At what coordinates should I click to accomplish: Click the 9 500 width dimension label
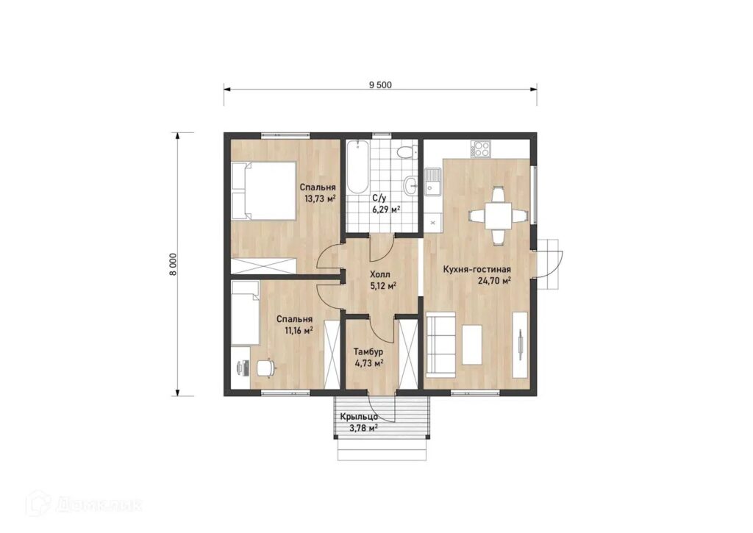point(380,85)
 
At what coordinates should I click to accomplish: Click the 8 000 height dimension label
point(173,264)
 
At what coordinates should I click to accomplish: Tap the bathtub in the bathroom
point(358,167)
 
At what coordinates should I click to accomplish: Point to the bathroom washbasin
point(410,185)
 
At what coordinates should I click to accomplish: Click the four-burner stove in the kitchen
point(481,149)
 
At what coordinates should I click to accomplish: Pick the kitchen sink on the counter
point(435,181)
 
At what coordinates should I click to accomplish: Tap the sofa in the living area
point(441,343)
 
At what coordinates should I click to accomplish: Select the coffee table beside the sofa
point(471,345)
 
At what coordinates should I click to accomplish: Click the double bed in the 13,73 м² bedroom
point(263,190)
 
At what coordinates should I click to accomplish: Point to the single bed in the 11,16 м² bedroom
point(246,313)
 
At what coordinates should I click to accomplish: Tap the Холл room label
point(380,275)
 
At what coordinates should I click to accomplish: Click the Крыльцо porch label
point(359,418)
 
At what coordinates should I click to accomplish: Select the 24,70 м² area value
point(494,281)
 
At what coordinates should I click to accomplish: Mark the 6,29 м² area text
point(386,210)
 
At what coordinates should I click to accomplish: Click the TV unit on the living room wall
point(520,344)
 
